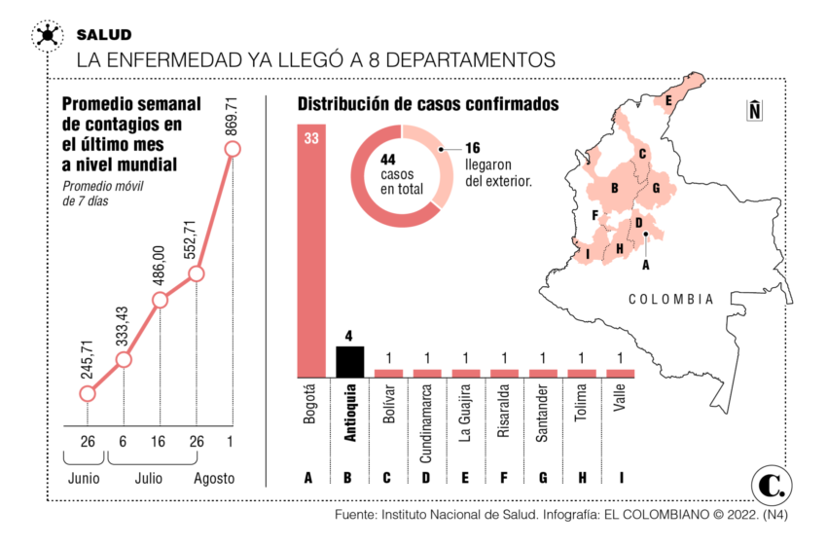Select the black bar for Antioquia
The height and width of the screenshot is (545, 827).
point(348,362)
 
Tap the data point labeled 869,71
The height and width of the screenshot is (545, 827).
point(232,149)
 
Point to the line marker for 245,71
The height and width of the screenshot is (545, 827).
point(88,394)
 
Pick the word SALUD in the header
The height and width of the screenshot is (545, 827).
point(104,35)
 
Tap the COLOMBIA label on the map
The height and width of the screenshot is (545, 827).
point(670,300)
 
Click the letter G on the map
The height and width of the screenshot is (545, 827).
point(657,188)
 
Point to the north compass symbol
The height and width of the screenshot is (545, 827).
point(754,110)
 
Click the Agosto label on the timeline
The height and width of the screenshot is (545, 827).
point(213,478)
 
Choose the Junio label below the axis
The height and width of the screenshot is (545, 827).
point(83,478)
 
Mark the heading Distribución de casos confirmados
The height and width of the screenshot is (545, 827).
point(428,104)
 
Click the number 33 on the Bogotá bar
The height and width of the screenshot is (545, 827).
point(310,139)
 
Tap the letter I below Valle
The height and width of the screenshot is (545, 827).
point(620,477)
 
